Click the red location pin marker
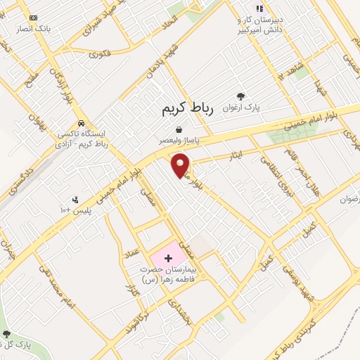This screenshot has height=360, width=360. [x=181, y=165]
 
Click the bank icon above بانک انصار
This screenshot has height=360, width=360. [x=32, y=17]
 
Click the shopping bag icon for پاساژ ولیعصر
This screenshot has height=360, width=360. [x=181, y=129]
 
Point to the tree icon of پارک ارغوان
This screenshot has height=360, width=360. [x=241, y=96]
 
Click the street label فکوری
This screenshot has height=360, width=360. [x=101, y=53]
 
